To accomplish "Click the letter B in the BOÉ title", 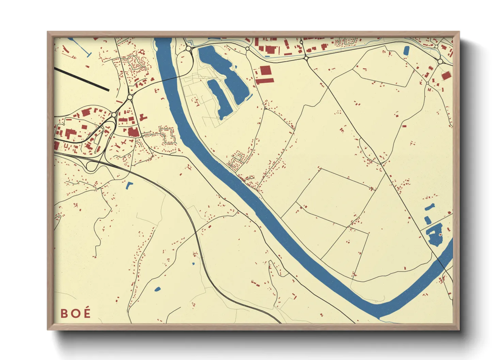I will (x=64, y=313).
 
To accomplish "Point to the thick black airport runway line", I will (x=82, y=79).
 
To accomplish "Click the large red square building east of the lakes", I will (x=266, y=71).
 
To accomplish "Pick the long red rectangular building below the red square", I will (x=265, y=81).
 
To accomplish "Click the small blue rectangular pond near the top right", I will (x=406, y=51).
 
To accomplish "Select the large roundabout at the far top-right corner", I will (x=440, y=62).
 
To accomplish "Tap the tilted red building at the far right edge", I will (x=446, y=76).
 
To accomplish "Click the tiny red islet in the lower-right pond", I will (x=440, y=234).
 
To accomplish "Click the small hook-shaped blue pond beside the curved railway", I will (x=129, y=185).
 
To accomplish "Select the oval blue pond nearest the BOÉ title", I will (x=157, y=289).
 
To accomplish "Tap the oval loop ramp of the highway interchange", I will (x=91, y=166).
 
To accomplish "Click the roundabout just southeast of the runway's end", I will (x=129, y=97).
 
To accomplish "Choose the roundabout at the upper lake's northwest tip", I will (x=189, y=49).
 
